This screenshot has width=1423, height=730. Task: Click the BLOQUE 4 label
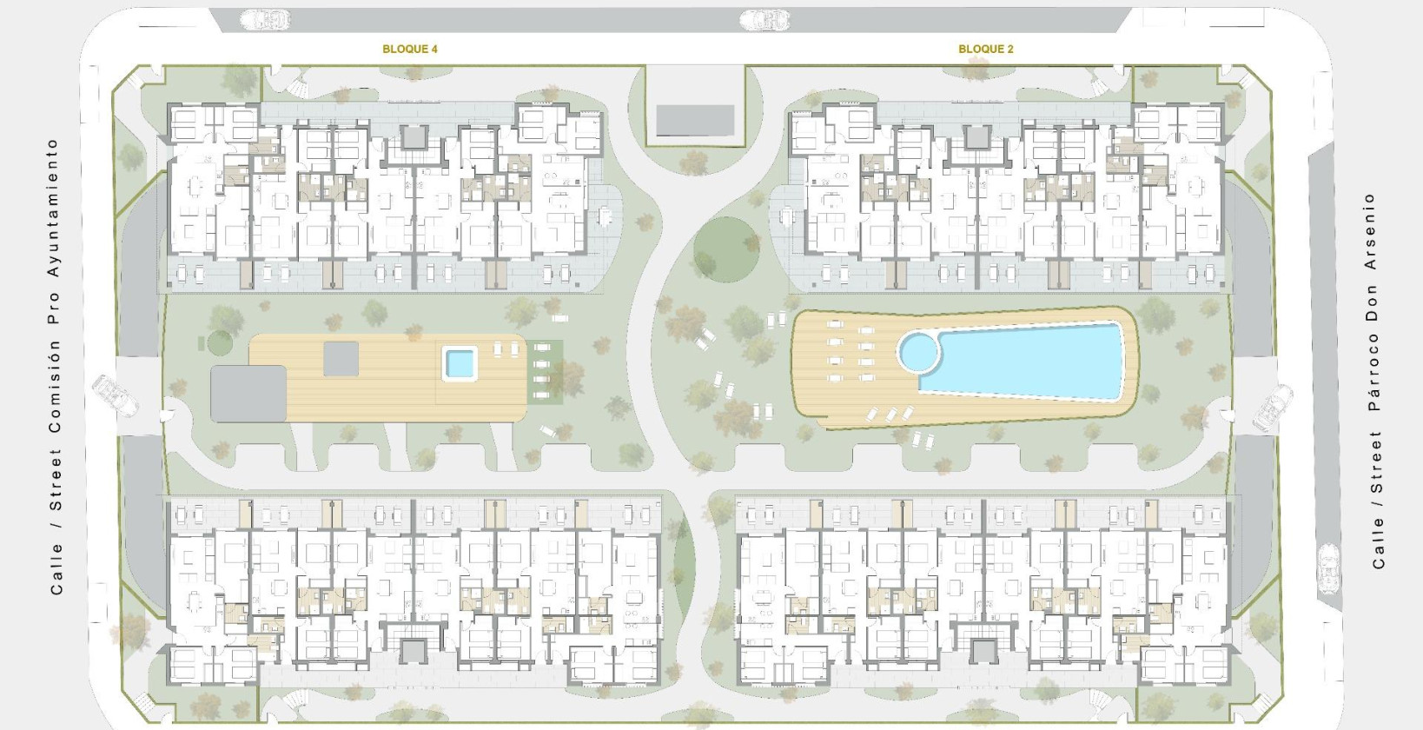(410, 49)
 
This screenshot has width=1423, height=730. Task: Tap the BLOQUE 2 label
(986, 49)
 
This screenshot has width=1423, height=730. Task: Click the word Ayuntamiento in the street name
(54, 208)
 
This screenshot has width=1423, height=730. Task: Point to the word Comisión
(56, 386)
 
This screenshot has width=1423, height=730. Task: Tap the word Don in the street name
(1373, 302)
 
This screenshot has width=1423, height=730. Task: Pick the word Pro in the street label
(55, 309)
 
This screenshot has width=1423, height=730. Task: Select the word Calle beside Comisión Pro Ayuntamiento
(56, 568)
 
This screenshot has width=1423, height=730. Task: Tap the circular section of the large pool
(918, 351)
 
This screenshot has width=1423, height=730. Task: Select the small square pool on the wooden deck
(460, 363)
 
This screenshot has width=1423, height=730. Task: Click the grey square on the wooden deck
(341, 359)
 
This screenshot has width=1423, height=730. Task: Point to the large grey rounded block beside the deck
(248, 394)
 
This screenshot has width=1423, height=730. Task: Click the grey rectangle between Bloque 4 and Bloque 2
(695, 121)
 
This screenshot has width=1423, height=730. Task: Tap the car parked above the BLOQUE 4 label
(265, 20)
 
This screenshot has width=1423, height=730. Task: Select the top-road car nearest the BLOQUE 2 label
(764, 20)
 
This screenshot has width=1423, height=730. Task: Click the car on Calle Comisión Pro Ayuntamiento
(115, 396)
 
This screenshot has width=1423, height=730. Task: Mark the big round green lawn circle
(727, 249)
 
